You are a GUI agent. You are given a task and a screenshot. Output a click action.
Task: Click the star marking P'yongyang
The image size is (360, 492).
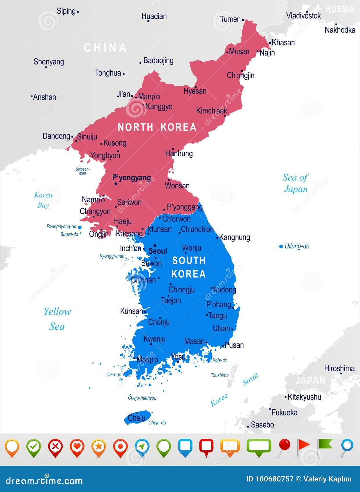coord(116,183)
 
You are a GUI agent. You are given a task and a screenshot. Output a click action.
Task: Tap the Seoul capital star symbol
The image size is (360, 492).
coord(155,245)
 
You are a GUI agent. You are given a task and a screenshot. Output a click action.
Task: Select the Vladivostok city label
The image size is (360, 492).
coord(303,16)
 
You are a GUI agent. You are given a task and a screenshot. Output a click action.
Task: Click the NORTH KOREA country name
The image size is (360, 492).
coord(157,127)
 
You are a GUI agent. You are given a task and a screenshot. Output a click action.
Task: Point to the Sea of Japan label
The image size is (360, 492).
coord(295,183)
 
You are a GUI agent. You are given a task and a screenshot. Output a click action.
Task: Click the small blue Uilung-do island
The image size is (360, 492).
coord(281,246)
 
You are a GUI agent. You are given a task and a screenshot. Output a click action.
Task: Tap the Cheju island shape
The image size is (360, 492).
coord(137,418)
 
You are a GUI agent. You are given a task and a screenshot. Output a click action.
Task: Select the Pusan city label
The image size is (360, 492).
coord(234,345)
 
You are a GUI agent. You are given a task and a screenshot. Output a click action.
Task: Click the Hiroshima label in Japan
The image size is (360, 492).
coord(339,368)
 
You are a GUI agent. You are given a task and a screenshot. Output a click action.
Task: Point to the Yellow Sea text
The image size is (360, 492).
coord(57,319)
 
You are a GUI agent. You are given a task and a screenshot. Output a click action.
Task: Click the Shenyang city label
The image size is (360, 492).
coord(49,62)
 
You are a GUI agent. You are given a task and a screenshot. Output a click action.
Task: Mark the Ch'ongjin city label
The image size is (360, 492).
coord(241,75)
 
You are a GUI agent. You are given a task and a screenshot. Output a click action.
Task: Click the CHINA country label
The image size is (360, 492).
coord(105,48)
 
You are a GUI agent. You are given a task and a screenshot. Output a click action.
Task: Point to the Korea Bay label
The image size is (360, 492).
coord(43,200)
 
